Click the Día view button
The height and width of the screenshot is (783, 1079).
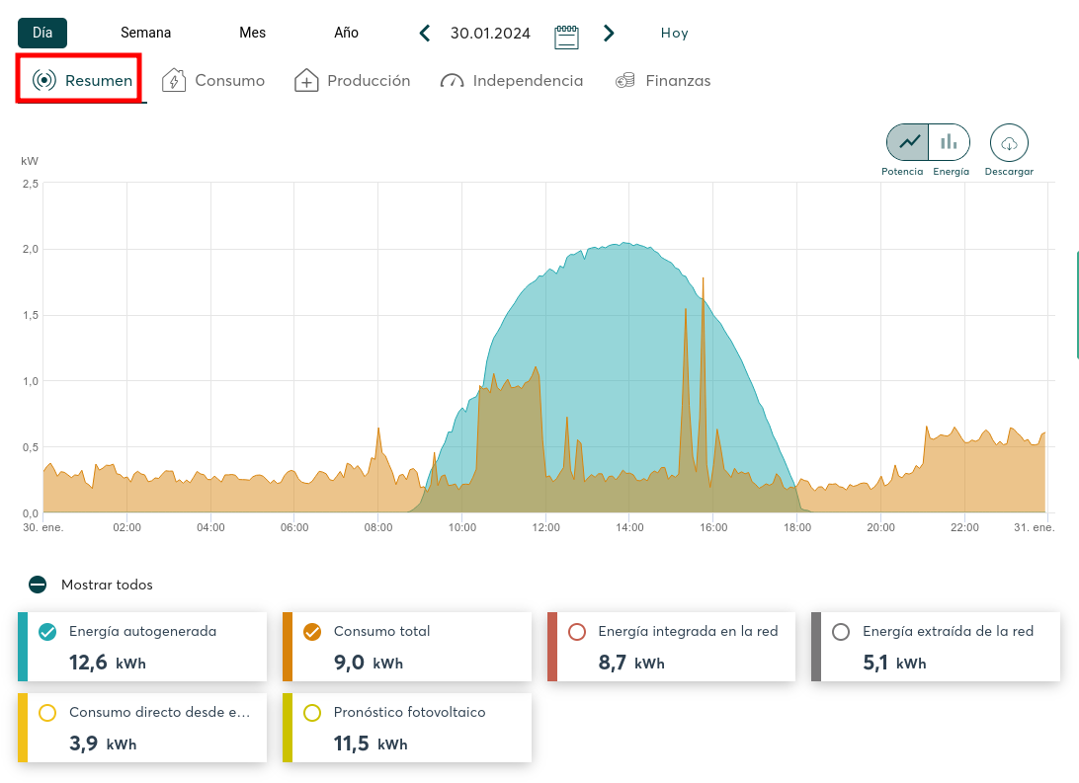point(42,33)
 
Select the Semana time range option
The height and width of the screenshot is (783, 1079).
point(145,33)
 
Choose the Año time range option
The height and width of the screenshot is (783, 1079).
point(346,33)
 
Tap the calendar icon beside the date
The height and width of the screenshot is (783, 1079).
point(566,36)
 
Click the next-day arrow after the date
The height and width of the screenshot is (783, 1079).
point(609,34)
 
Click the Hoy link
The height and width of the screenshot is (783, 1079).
point(674,34)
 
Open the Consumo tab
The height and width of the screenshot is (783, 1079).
point(213,81)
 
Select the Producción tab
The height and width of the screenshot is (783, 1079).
point(352,81)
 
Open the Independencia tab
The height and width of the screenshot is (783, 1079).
point(511,81)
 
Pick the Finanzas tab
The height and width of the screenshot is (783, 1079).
point(662,81)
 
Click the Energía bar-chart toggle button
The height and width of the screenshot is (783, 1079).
point(949,142)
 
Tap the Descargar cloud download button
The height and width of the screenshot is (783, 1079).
point(1009,143)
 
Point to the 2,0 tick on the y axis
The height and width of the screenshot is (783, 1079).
point(30,249)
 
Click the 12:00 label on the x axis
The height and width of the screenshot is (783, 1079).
point(545,527)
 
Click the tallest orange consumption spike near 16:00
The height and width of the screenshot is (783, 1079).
point(703,280)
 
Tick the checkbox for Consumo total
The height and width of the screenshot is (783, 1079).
point(311,632)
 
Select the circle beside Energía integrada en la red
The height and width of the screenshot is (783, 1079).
point(578,632)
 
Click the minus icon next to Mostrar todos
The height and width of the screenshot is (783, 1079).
point(38,585)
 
